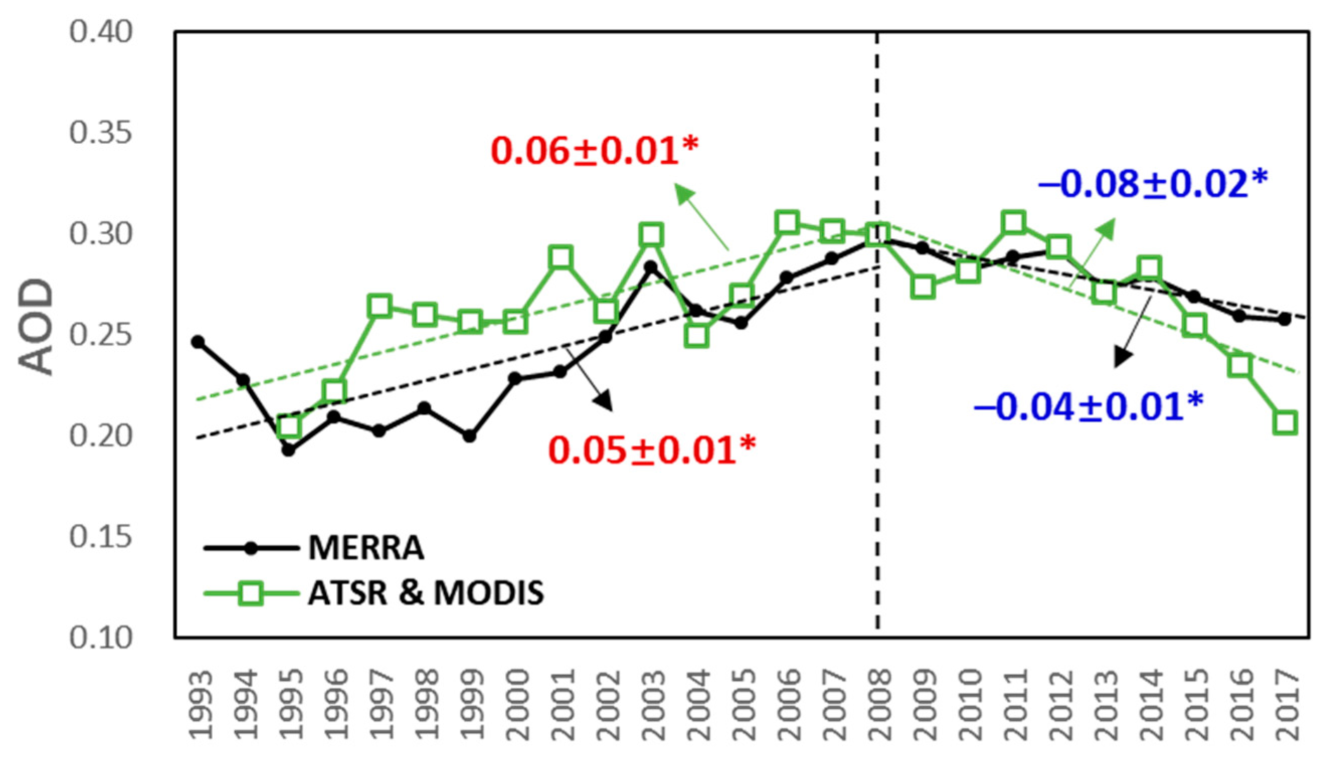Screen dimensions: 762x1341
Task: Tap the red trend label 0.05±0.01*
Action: [x=652, y=450]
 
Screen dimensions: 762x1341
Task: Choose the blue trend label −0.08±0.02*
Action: [x=1153, y=184]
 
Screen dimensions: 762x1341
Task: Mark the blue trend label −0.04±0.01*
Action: [x=1088, y=407]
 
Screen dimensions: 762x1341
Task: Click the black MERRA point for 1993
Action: [x=198, y=342]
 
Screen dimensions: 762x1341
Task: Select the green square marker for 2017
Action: [x=1286, y=422]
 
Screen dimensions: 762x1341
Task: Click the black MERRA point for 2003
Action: [x=651, y=267]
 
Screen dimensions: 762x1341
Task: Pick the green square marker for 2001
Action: [x=560, y=257]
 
